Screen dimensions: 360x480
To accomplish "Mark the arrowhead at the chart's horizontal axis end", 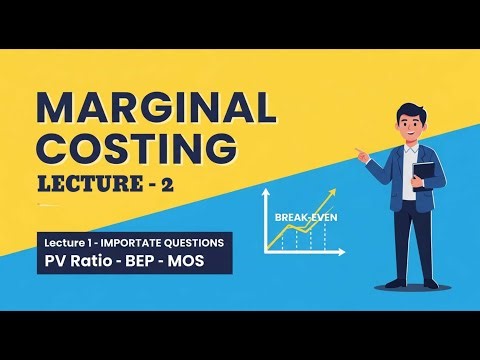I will pyautogui.click(x=342, y=250).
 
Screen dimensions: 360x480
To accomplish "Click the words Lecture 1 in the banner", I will pyautogui.click(x=64, y=243).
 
